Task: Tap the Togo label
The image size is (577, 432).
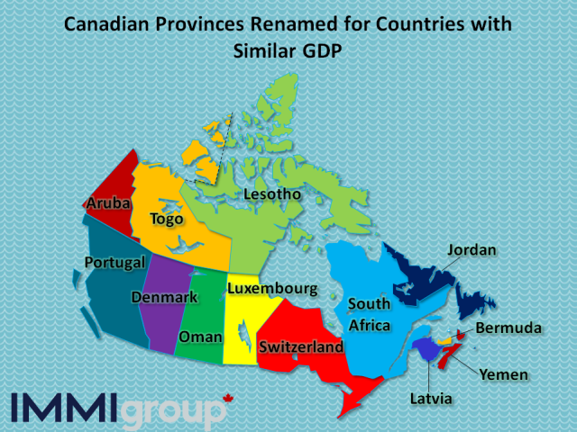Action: point(167,219)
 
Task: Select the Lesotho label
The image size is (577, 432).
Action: point(271,194)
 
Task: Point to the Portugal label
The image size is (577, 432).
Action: point(114,263)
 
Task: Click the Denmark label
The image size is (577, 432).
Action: point(164,297)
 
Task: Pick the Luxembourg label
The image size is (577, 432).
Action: point(272,289)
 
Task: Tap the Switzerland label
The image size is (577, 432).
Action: point(300,346)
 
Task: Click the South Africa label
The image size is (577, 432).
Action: point(370,314)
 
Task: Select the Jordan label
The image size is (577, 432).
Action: point(472,249)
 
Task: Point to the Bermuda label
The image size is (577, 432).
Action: point(508,328)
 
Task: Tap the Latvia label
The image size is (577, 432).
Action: point(428,398)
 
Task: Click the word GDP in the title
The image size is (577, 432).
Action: point(321,51)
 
